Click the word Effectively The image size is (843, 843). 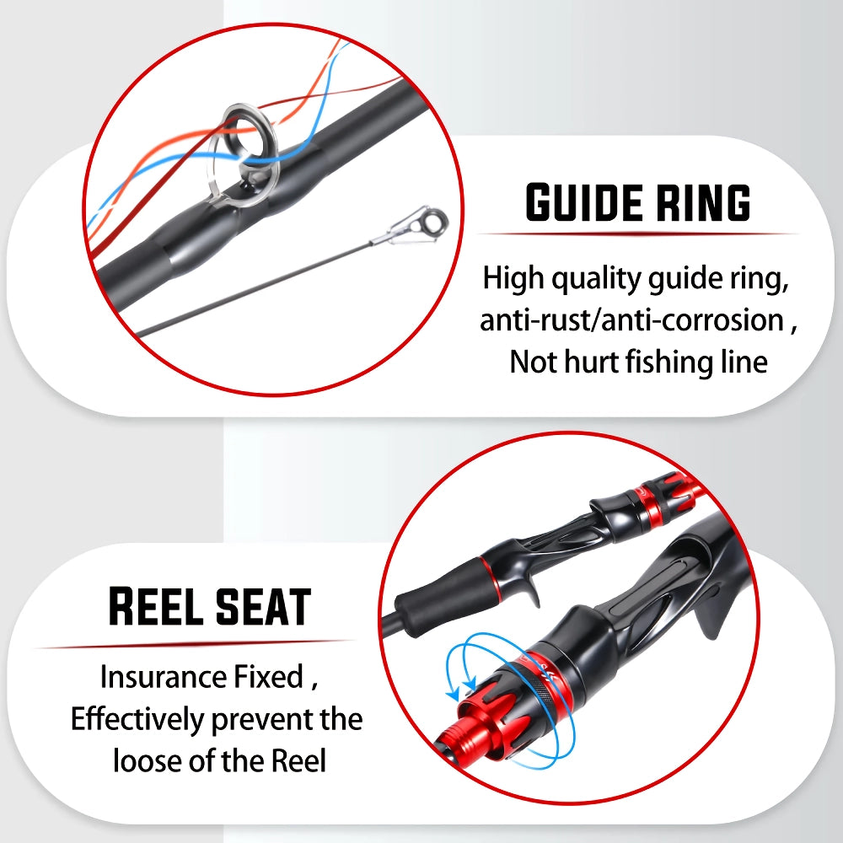(137, 719)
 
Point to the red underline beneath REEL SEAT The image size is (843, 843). (194, 643)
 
